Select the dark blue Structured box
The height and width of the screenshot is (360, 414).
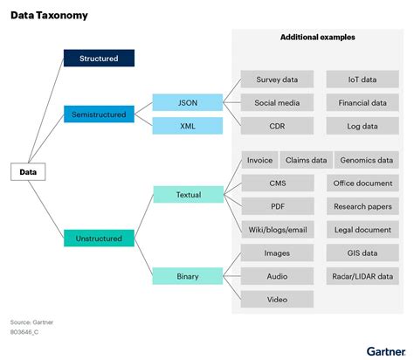[99, 59]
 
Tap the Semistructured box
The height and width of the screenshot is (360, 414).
[99, 114]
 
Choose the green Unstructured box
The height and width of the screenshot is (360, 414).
[99, 237]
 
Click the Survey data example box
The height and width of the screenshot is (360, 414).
[277, 80]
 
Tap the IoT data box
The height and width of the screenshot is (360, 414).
[362, 80]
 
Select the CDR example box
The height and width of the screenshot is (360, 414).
[277, 126]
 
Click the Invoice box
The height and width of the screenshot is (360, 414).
[259, 160]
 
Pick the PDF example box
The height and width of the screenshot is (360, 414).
[277, 206]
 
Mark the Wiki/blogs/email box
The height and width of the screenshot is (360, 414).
[277, 230]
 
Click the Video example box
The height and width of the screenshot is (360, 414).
[277, 300]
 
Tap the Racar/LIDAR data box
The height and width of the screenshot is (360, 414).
[362, 276]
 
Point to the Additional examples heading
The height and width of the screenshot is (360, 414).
[317, 38]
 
